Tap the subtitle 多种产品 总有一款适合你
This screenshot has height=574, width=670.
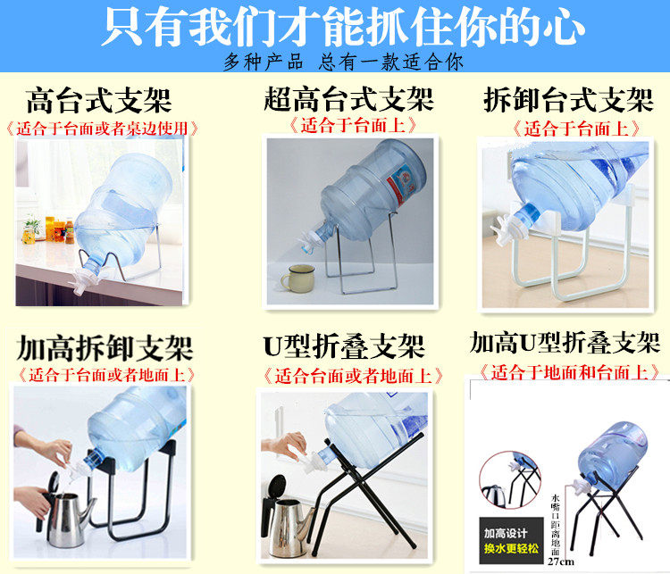tap(343, 62)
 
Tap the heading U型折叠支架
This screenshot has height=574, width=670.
tap(343, 345)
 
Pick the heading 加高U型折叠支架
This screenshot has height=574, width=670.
tap(565, 342)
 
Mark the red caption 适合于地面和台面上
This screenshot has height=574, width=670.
tap(565, 370)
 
